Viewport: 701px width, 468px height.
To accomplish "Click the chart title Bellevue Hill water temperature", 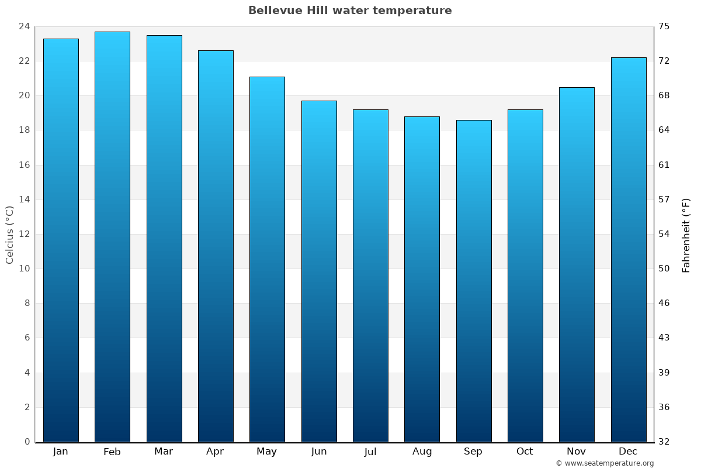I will [350, 11].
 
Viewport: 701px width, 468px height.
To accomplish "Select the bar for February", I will [112, 237].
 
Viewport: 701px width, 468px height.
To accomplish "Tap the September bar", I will [473, 281].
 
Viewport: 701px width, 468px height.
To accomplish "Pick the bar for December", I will [628, 250].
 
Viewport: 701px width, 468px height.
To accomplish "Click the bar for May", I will [267, 259].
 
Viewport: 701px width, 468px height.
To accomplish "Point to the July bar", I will [370, 276].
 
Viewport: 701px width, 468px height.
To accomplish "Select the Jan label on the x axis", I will [60, 452].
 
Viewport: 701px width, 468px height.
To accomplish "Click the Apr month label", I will [215, 452].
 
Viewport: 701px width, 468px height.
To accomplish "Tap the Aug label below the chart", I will [422, 452].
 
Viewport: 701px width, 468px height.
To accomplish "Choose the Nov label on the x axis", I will [576, 452].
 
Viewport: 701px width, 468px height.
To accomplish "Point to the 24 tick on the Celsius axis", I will [24, 26].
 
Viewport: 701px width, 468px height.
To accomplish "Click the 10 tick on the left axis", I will [24, 269].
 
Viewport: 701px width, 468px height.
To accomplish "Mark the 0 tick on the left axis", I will [27, 442].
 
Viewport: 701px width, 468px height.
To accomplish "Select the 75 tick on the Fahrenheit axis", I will [664, 26].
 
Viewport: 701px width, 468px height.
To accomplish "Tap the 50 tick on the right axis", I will [664, 269].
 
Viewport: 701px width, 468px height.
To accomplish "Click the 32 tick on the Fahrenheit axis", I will [664, 442].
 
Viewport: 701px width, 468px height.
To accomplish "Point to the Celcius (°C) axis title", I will [10, 235].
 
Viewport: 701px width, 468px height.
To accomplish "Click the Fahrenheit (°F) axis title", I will [686, 235].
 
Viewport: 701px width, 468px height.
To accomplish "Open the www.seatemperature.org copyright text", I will [605, 463].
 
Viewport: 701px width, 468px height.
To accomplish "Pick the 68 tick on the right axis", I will [664, 95].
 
